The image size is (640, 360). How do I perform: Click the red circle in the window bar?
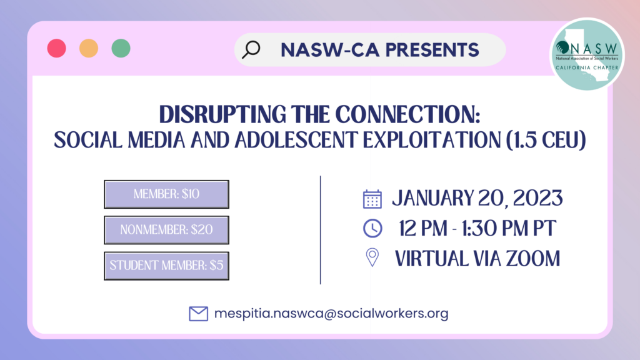[x=57, y=48]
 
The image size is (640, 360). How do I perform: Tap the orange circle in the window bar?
[x=89, y=48]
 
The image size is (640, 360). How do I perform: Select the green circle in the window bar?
[x=121, y=48]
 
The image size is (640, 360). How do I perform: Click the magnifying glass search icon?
[x=251, y=50]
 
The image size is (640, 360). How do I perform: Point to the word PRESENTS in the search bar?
[x=432, y=50]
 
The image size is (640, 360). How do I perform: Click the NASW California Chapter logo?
[x=587, y=54]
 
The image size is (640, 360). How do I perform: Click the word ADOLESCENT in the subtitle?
[x=296, y=140]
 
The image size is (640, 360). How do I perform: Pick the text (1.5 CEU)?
[x=546, y=140]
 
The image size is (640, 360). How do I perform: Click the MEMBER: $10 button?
[x=166, y=194]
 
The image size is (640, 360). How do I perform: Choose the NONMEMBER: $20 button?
[x=166, y=230]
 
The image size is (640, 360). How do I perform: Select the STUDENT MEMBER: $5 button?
[x=166, y=266]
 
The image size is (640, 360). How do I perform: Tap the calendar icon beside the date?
[x=372, y=199]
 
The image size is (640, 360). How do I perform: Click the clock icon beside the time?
[x=372, y=228]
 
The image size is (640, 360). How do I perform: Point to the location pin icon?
[x=372, y=257]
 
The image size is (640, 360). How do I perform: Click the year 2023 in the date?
[x=537, y=198]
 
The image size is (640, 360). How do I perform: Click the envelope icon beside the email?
[x=198, y=314]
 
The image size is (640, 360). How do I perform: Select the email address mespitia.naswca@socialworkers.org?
[x=331, y=314]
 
